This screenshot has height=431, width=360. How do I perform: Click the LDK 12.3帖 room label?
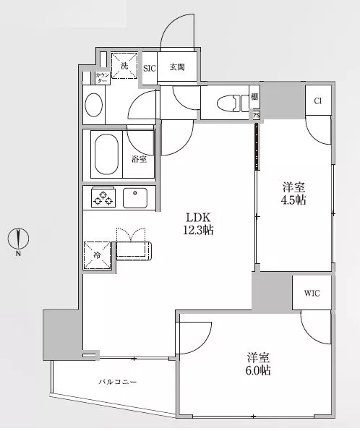coord(198,223)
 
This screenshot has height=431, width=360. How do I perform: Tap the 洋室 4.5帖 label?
coord(293,194)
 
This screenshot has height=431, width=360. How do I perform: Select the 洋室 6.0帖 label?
coord(258,364)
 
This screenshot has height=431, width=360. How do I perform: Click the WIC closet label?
coord(312,294)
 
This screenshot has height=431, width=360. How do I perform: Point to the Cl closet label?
coord(317,101)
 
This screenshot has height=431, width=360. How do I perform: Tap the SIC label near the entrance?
coord(150,68)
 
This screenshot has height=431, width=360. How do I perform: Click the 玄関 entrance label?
coord(177,67)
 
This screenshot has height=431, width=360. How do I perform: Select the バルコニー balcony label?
coord(118,382)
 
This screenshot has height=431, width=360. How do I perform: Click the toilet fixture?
coord(232,103)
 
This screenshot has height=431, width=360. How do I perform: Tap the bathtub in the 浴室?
coord(106,154)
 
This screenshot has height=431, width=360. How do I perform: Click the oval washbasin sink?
coord(94,105)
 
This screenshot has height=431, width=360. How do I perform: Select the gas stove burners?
coord(103,198)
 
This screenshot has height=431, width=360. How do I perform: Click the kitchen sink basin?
coord(135,198)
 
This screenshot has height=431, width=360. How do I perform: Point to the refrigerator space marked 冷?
coord(97,255)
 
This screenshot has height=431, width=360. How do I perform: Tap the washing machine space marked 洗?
coord(124,66)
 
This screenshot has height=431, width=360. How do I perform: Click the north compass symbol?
coord(18,239)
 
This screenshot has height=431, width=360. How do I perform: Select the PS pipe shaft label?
coord(256,115)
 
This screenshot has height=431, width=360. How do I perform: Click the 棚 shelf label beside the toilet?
coord(254,97)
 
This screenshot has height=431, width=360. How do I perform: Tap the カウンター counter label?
coord(102,78)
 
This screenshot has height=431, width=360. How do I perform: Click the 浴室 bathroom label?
coord(139,159)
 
